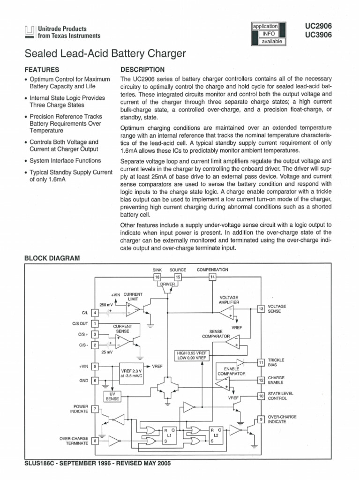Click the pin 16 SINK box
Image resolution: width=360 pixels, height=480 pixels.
pos(157,277)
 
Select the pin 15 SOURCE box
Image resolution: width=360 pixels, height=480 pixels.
pos(178,277)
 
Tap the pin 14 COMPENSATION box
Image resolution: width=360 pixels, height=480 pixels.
pos(212,277)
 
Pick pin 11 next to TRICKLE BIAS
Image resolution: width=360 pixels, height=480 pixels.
pos(261,362)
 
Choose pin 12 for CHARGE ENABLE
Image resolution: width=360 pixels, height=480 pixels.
pos(261,380)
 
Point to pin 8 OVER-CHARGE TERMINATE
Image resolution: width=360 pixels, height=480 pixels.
pos(95,441)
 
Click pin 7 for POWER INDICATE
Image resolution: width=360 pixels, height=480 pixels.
pos(95,409)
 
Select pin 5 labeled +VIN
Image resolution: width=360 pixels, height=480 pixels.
pos(95,367)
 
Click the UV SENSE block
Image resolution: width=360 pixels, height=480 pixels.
pos(112,396)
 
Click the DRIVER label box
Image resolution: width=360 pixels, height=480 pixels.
pos(167,284)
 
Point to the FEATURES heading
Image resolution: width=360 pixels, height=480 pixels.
pos(41,69)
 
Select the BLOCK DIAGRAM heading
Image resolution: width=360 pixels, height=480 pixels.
pos(52,258)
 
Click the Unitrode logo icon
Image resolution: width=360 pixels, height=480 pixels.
pos(29,32)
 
